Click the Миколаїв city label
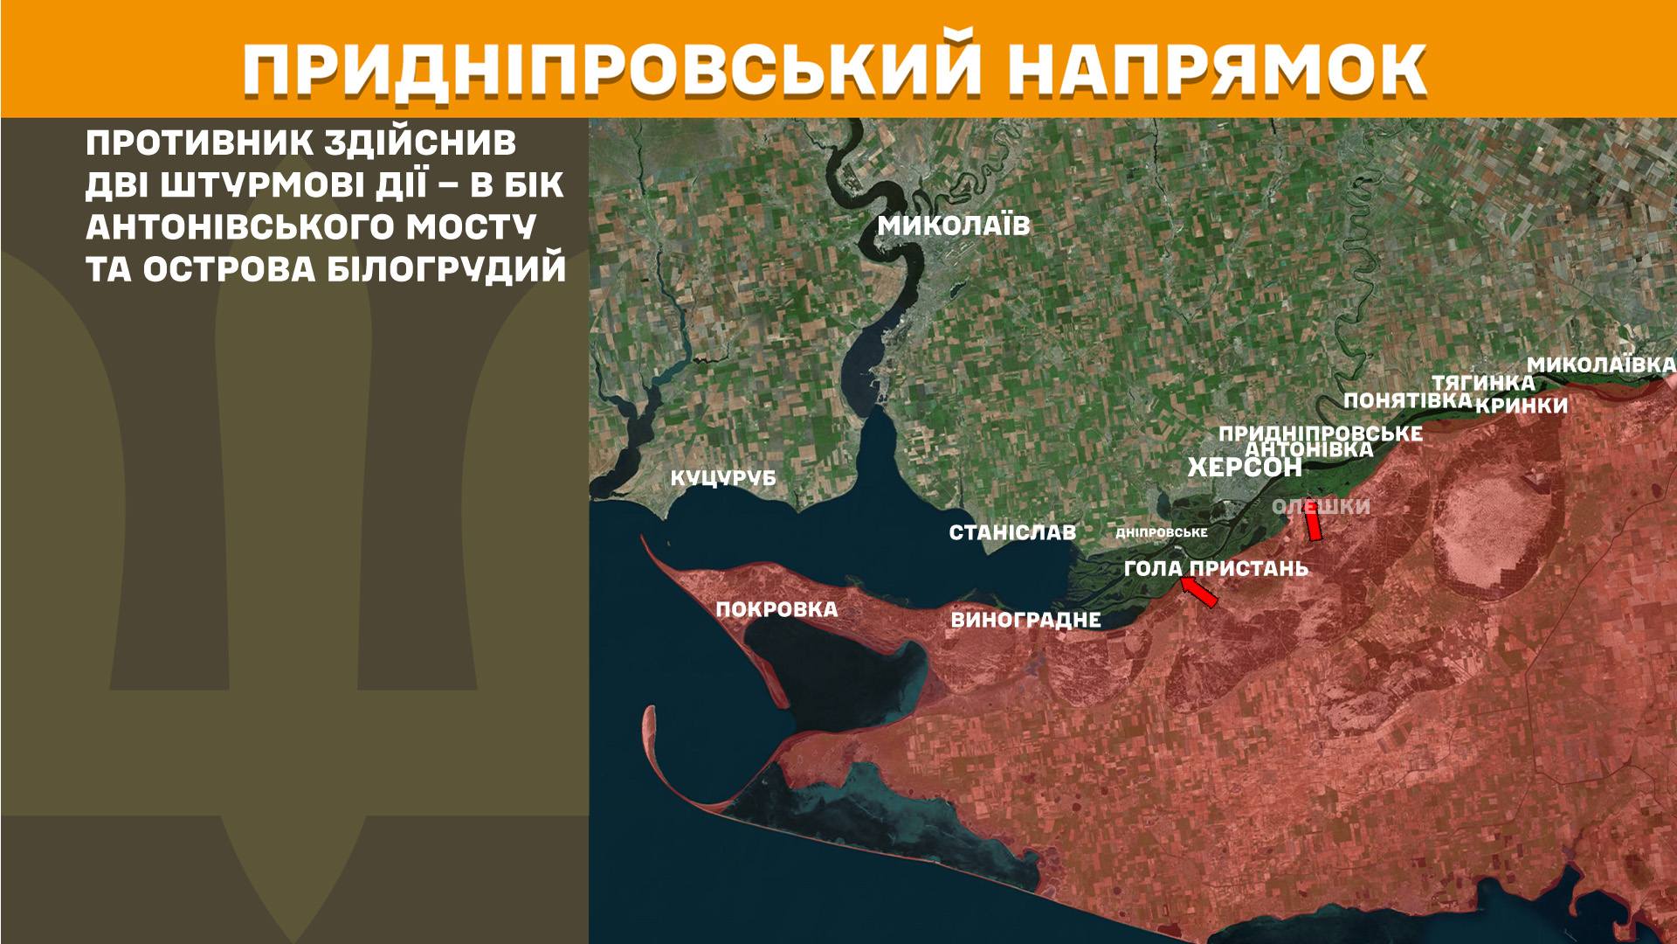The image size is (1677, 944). [954, 226]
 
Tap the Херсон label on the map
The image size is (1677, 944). [1245, 468]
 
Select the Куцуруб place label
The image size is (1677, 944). [722, 479]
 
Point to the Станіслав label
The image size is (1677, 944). [1012, 532]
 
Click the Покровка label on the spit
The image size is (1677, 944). [776, 609]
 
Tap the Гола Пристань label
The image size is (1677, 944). [1216, 568]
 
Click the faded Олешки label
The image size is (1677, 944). [1321, 507]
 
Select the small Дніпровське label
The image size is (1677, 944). [1162, 532]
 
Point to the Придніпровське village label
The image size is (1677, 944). [1320, 434]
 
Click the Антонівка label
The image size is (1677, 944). [1308, 449]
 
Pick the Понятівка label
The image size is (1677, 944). [1407, 400]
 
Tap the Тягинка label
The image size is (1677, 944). [1482, 383]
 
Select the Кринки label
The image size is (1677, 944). [1522, 406]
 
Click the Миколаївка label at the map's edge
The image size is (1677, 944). [1601, 364]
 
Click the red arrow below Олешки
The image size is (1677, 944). [1312, 526]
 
